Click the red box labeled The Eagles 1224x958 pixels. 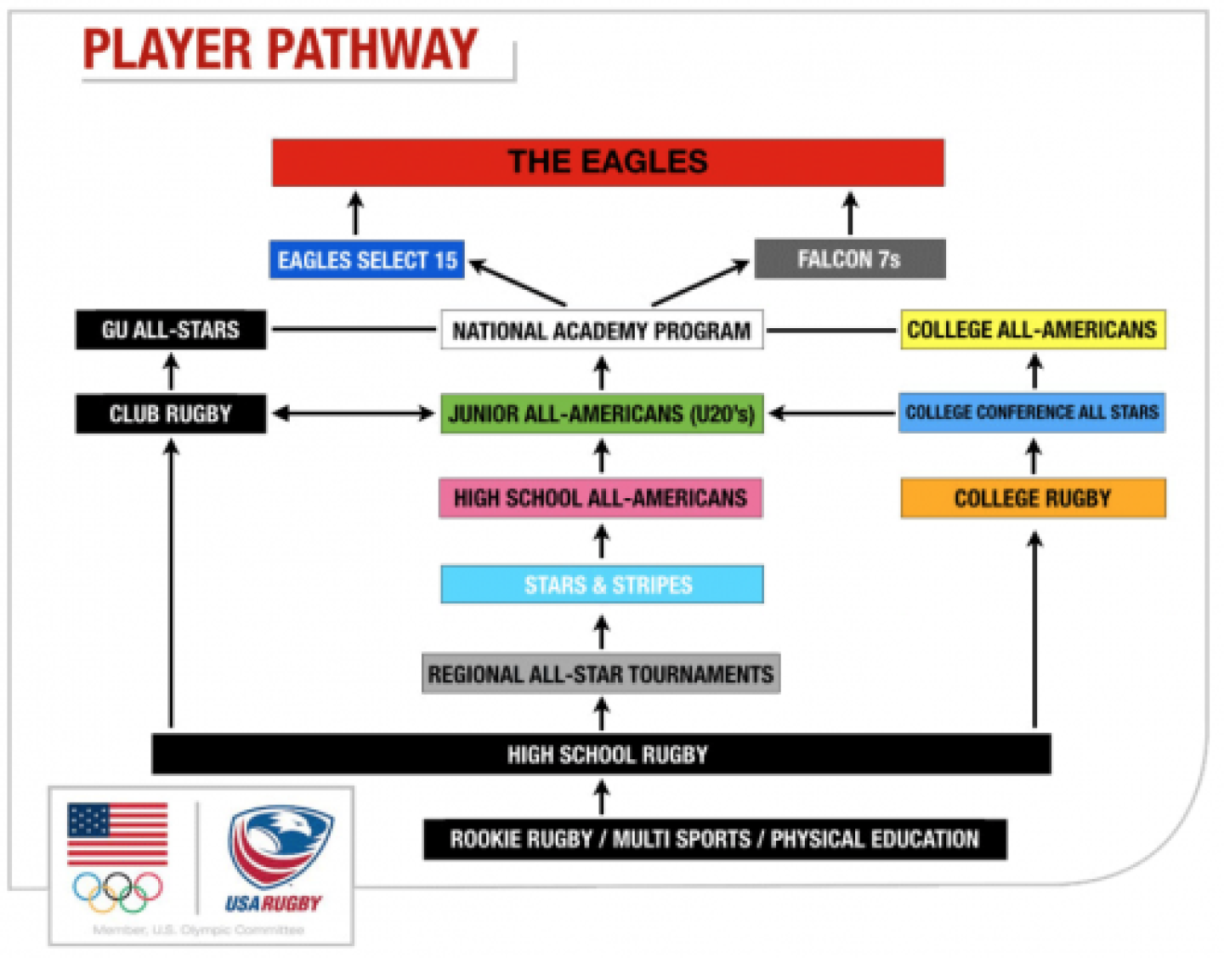[x=608, y=162]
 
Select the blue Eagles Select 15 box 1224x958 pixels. [x=367, y=260]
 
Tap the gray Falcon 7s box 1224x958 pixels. [x=849, y=259]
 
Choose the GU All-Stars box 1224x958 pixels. [x=171, y=330]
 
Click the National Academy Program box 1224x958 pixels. [x=601, y=330]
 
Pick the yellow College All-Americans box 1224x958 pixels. [x=1032, y=330]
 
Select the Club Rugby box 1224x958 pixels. [x=171, y=414]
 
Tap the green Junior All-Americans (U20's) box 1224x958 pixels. [x=601, y=414]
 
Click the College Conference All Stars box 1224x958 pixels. [x=1032, y=412]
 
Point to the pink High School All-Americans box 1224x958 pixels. [x=600, y=498]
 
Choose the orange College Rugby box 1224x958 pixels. [x=1033, y=498]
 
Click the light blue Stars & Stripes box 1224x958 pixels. [x=602, y=585]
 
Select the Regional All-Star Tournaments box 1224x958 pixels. [x=601, y=674]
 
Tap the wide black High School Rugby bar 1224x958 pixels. [x=601, y=754]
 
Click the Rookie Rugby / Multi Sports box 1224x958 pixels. [x=715, y=839]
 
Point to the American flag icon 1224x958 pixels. [x=117, y=833]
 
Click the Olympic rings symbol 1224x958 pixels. [x=117, y=891]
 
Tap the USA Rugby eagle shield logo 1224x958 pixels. [x=279, y=846]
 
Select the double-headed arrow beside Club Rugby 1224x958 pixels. [x=354, y=414]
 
